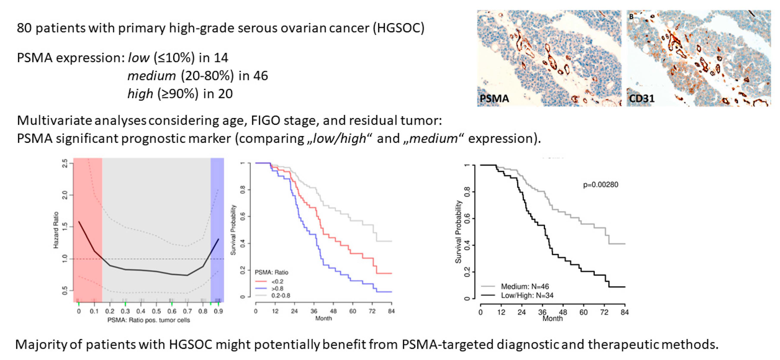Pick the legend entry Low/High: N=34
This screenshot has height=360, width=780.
coord(527,295)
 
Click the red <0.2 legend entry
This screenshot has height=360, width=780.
coord(277,281)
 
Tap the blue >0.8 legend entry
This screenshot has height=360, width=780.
coord(277,288)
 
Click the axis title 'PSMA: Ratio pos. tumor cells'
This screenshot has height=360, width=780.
coord(149,320)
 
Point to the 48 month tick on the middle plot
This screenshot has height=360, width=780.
coord(333,311)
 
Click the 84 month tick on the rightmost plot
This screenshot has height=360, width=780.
coord(624,312)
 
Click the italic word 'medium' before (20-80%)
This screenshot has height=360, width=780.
coord(151,76)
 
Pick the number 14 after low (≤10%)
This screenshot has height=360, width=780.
coord(221,58)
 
